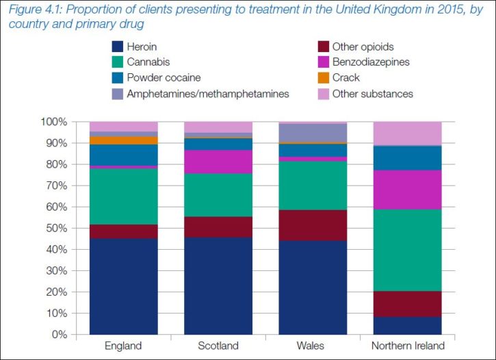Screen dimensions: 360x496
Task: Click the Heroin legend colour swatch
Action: coord(117,47)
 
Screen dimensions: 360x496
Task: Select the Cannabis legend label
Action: coord(149,62)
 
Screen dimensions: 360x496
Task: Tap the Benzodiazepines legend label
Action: coord(371,62)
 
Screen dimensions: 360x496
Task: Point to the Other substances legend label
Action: coord(372,94)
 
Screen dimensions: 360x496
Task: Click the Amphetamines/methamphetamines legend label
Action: coord(208,94)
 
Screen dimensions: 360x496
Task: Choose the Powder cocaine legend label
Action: coord(163,78)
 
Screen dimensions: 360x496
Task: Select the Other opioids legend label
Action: coord(363,47)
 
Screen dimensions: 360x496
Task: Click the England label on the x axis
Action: coord(123,346)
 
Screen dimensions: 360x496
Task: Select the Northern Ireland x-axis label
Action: coord(406,346)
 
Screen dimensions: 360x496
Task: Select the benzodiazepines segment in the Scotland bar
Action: coord(218,162)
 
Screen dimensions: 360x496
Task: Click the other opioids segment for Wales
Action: coord(312,225)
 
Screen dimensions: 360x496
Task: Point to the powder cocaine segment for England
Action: coord(123,155)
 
